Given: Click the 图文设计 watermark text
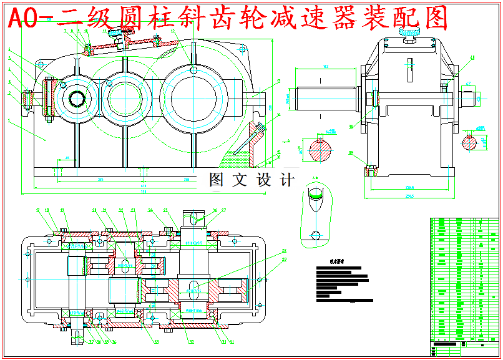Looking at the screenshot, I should (x=251, y=180).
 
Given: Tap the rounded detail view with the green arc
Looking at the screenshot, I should (x=316, y=212).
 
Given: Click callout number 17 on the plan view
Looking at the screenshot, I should (x=37, y=210).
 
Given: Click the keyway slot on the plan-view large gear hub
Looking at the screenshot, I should (x=195, y=285).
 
